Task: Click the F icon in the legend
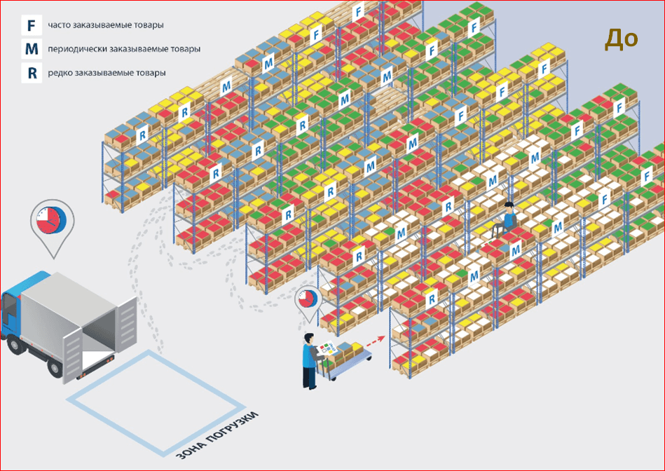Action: pyautogui.click(x=32, y=25)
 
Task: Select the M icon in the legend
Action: pyautogui.click(x=32, y=49)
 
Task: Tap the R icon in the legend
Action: pyautogui.click(x=32, y=73)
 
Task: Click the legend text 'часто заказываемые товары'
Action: pyautogui.click(x=106, y=25)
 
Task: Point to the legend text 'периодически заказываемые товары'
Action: pyautogui.click(x=124, y=49)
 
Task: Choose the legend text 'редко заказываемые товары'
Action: pyautogui.click(x=107, y=73)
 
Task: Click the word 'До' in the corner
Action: pyautogui.click(x=622, y=39)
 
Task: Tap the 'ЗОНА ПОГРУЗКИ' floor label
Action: pyautogui.click(x=217, y=435)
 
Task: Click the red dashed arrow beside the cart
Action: pyautogui.click(x=376, y=341)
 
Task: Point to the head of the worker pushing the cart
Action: pyautogui.click(x=309, y=339)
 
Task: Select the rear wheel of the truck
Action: pyautogui.click(x=56, y=367)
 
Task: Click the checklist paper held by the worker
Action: pyautogui.click(x=327, y=348)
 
